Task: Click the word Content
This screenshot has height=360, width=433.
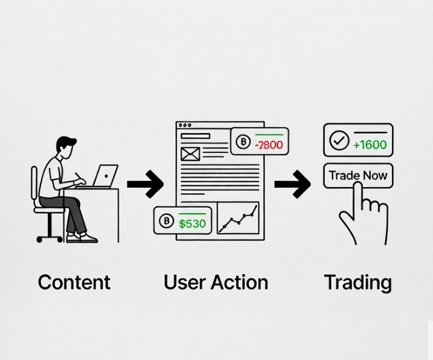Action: pos(74,282)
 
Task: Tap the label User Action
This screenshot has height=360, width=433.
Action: pos(216,282)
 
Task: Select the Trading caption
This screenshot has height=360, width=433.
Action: pos(358,282)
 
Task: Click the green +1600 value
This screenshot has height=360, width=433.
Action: pos(370,144)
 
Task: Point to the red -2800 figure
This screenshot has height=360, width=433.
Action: pos(268,145)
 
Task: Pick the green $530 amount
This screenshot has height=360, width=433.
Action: pos(192,224)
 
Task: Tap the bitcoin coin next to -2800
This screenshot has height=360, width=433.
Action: pos(243,143)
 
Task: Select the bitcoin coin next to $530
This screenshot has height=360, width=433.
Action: pos(166,222)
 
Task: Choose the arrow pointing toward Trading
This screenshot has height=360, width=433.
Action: pos(292,184)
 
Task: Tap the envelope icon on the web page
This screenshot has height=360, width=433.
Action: pos(190,154)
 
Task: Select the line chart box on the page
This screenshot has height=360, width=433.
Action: pos(238,217)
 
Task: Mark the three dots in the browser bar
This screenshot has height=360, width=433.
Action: pos(185,125)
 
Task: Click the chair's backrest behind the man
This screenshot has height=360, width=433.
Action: pos(34,184)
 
